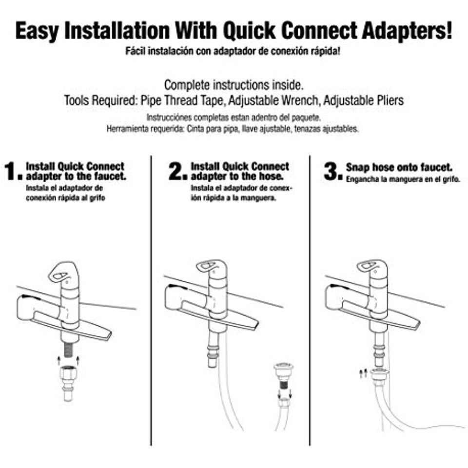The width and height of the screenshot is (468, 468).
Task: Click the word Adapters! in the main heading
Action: pos(407,31)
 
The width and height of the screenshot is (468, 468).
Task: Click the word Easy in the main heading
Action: pos(37,31)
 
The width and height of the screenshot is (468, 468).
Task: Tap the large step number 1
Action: pos(13,171)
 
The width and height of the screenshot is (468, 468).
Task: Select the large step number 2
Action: pos(177,171)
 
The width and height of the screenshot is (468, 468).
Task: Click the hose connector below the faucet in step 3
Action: pos(380,374)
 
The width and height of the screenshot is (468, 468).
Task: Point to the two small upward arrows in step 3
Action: pos(363,373)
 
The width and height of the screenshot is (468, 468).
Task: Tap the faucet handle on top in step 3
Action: pos(373,266)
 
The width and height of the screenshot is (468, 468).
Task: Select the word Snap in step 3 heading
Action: pos(357,168)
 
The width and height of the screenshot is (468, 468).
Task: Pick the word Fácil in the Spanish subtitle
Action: pos(135,51)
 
